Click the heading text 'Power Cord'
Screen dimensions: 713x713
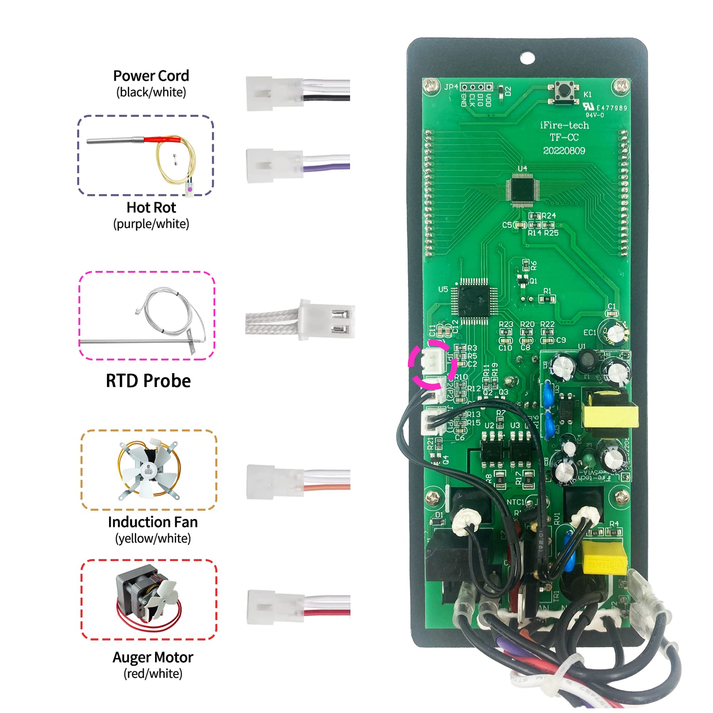[151, 76]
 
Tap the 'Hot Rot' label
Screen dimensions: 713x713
[151, 207]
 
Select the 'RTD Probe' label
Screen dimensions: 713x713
[148, 380]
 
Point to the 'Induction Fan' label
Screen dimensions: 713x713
[153, 522]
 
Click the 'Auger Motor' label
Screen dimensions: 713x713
[153, 657]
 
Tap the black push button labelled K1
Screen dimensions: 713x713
[564, 91]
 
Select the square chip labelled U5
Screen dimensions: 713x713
[474, 300]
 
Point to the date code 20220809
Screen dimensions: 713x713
[564, 150]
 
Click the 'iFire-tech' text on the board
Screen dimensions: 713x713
[564, 125]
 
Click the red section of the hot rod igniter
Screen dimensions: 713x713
[162, 140]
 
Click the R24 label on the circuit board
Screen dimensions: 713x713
[548, 216]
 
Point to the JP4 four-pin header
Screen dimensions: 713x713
[476, 87]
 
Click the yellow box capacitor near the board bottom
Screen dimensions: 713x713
[604, 558]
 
